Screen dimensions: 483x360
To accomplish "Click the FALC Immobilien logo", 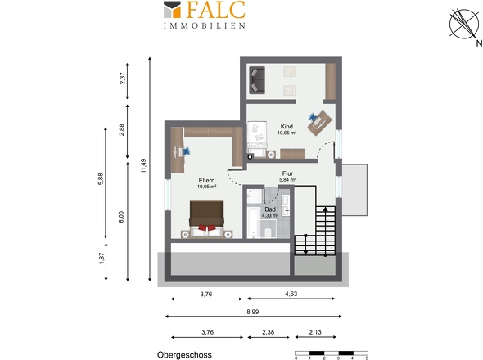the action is coord(204,15).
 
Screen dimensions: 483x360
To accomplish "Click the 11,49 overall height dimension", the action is coord(143,165).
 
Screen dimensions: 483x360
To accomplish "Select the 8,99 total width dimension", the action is coord(253,312).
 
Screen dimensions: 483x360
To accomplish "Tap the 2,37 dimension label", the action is coord(123,79).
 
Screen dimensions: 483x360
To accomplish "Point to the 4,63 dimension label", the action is coord(291,294).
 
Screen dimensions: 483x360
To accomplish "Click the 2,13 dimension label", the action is coord(315,332).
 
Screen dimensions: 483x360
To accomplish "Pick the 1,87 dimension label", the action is coord(102,259).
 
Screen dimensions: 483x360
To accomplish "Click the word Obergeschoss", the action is coord(184,355).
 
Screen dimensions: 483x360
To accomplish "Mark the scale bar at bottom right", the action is coord(332,355).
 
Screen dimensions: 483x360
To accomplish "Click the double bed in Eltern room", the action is coord(206,219).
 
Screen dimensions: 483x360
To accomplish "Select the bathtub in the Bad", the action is coord(254,223).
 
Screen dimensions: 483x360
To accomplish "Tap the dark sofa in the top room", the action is coord(257,80).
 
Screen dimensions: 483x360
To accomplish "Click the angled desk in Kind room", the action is coord(320,123).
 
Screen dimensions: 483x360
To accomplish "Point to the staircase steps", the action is coord(315,231).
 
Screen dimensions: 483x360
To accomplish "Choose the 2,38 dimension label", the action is coord(269,332).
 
